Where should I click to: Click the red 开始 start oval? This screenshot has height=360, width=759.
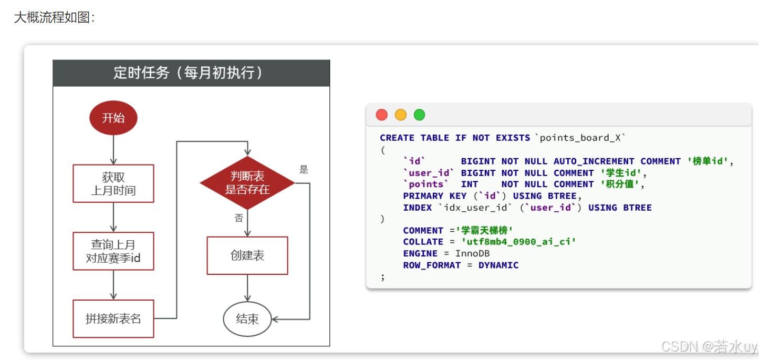click(x=113, y=118)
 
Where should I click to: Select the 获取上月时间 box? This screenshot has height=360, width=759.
click(x=113, y=183)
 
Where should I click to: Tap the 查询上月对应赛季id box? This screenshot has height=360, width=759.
click(x=113, y=251)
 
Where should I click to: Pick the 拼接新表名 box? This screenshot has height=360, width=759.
click(x=113, y=318)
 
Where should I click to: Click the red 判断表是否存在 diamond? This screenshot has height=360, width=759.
click(x=247, y=183)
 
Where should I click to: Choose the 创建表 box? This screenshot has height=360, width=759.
click(x=247, y=255)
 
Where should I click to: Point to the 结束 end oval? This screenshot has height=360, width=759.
click(x=247, y=318)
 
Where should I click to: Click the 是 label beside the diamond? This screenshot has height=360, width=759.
click(x=304, y=170)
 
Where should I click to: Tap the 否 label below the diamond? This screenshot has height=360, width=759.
click(x=238, y=218)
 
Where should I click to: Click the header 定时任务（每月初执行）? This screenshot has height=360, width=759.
click(x=191, y=73)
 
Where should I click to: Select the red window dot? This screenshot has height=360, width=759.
click(x=382, y=115)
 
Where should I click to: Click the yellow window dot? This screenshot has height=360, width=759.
click(x=401, y=115)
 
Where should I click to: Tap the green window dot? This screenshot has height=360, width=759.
click(x=419, y=115)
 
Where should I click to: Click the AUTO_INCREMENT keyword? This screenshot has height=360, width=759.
click(x=594, y=161)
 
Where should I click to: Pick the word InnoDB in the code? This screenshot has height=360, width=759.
click(x=472, y=254)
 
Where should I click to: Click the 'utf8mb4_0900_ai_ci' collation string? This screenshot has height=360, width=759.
click(x=518, y=242)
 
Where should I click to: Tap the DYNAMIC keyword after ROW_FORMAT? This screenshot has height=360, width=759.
click(x=498, y=265)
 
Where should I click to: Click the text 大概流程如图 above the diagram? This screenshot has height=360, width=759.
click(x=54, y=17)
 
